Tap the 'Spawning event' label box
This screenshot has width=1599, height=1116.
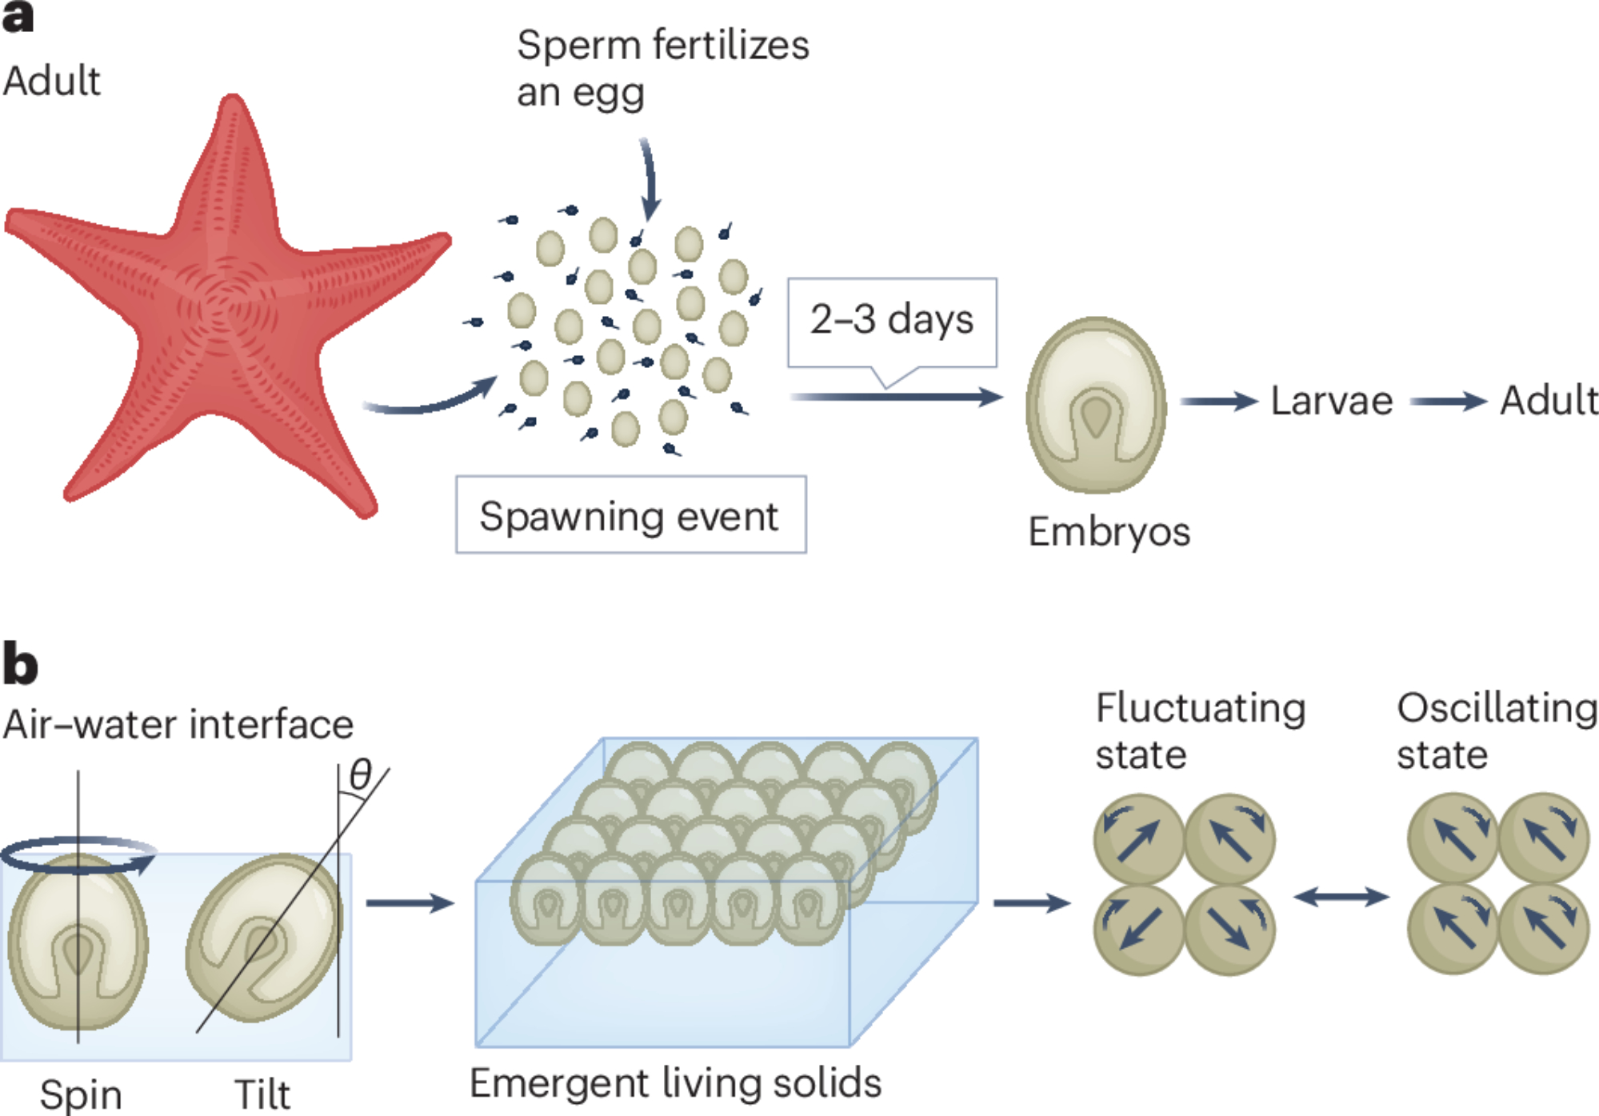[x=630, y=515]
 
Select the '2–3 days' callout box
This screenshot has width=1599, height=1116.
[x=891, y=320]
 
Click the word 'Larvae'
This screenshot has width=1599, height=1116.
[x=1332, y=400]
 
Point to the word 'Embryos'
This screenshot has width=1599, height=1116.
[x=1109, y=531]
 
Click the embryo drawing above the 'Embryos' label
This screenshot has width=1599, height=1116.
[x=1096, y=404]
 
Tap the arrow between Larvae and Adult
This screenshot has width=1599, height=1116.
[x=1448, y=401]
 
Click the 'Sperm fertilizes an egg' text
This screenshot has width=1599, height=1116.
[x=662, y=68]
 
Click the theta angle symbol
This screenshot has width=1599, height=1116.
[x=361, y=774]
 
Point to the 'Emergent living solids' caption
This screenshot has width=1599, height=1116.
[x=675, y=1083]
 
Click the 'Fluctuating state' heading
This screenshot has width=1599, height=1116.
[x=1200, y=730]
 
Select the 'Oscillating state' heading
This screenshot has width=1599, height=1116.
[x=1496, y=730]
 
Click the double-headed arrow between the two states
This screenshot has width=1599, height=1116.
[x=1341, y=897]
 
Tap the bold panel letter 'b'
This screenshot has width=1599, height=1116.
[x=20, y=664]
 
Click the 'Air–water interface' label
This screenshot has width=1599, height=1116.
[x=178, y=725]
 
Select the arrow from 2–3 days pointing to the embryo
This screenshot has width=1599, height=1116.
[x=896, y=397]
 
